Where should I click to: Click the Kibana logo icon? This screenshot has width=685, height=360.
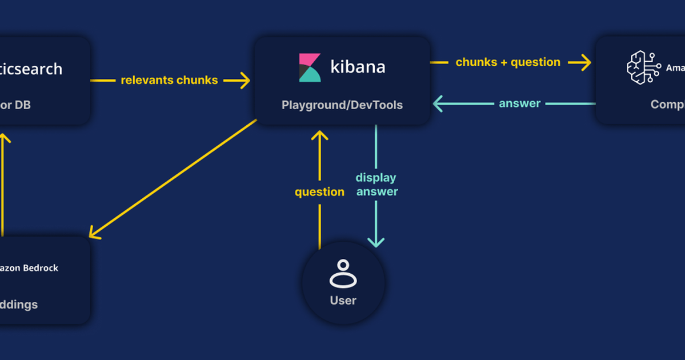coord(310,67)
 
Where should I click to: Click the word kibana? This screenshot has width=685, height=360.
coord(358,67)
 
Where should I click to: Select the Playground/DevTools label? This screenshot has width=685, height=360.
coord(342,105)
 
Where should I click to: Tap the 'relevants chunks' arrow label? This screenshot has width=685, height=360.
coord(169,81)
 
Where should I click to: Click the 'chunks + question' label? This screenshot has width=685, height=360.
coord(507,62)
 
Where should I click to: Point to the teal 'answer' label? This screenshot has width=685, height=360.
coord(519,103)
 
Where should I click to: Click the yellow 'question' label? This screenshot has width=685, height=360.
coord(319,192)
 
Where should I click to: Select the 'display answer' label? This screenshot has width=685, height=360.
coord(376,185)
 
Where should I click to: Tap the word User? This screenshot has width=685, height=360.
coord(343,301)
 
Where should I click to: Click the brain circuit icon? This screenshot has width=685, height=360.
coord(643,67)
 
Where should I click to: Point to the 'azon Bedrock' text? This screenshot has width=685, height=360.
coord(29,268)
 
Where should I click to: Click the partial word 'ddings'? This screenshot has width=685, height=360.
coord(19,305)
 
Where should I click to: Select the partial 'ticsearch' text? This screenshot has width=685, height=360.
coord(31,69)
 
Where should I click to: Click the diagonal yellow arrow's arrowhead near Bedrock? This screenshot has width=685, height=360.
coord(94,233)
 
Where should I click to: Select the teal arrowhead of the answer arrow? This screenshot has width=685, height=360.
coord(438,103)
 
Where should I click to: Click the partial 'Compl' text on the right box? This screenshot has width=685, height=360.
coord(667,105)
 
